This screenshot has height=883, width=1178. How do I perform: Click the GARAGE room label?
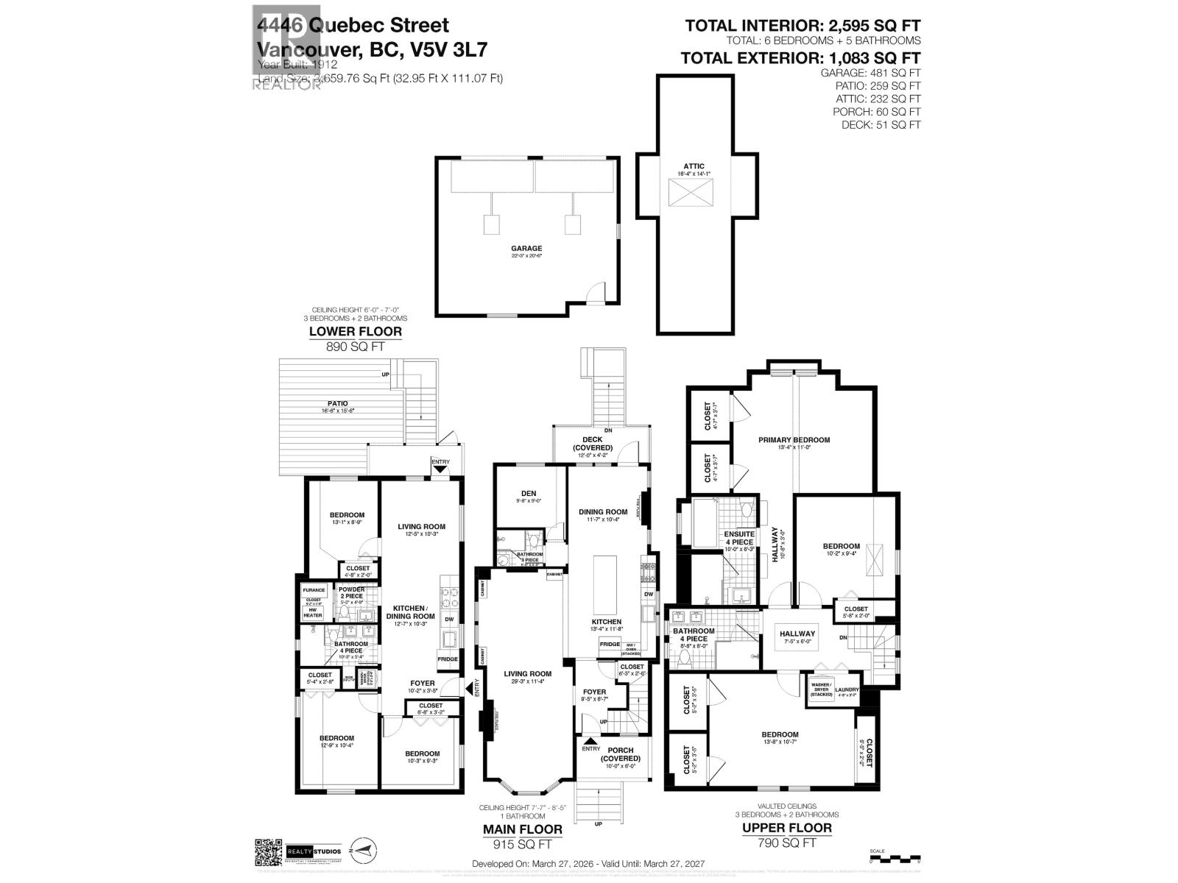pyautogui.click(x=527, y=249)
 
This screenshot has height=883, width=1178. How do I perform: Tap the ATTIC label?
pyautogui.click(x=695, y=166)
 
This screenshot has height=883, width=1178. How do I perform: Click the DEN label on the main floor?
pyautogui.click(x=529, y=494)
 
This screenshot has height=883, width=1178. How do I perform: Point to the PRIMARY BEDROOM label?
pyautogui.click(x=794, y=440)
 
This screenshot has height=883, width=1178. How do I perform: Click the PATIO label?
pyautogui.click(x=339, y=403)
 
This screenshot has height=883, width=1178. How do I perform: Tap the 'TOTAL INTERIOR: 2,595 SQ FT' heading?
pyautogui.click(x=803, y=26)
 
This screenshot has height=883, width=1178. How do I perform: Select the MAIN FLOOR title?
pyautogui.click(x=522, y=829)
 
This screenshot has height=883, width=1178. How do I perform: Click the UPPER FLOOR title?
pyautogui.click(x=786, y=828)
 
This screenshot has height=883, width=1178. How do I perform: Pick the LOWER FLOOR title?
pyautogui.click(x=356, y=331)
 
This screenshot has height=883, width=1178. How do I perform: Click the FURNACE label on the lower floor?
pyautogui.click(x=314, y=589)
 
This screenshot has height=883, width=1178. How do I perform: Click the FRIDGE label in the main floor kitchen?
pyautogui.click(x=610, y=645)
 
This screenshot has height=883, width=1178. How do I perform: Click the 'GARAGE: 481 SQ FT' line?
pyautogui.click(x=870, y=73)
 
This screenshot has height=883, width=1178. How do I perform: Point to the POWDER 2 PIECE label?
pyautogui.click(x=352, y=593)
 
